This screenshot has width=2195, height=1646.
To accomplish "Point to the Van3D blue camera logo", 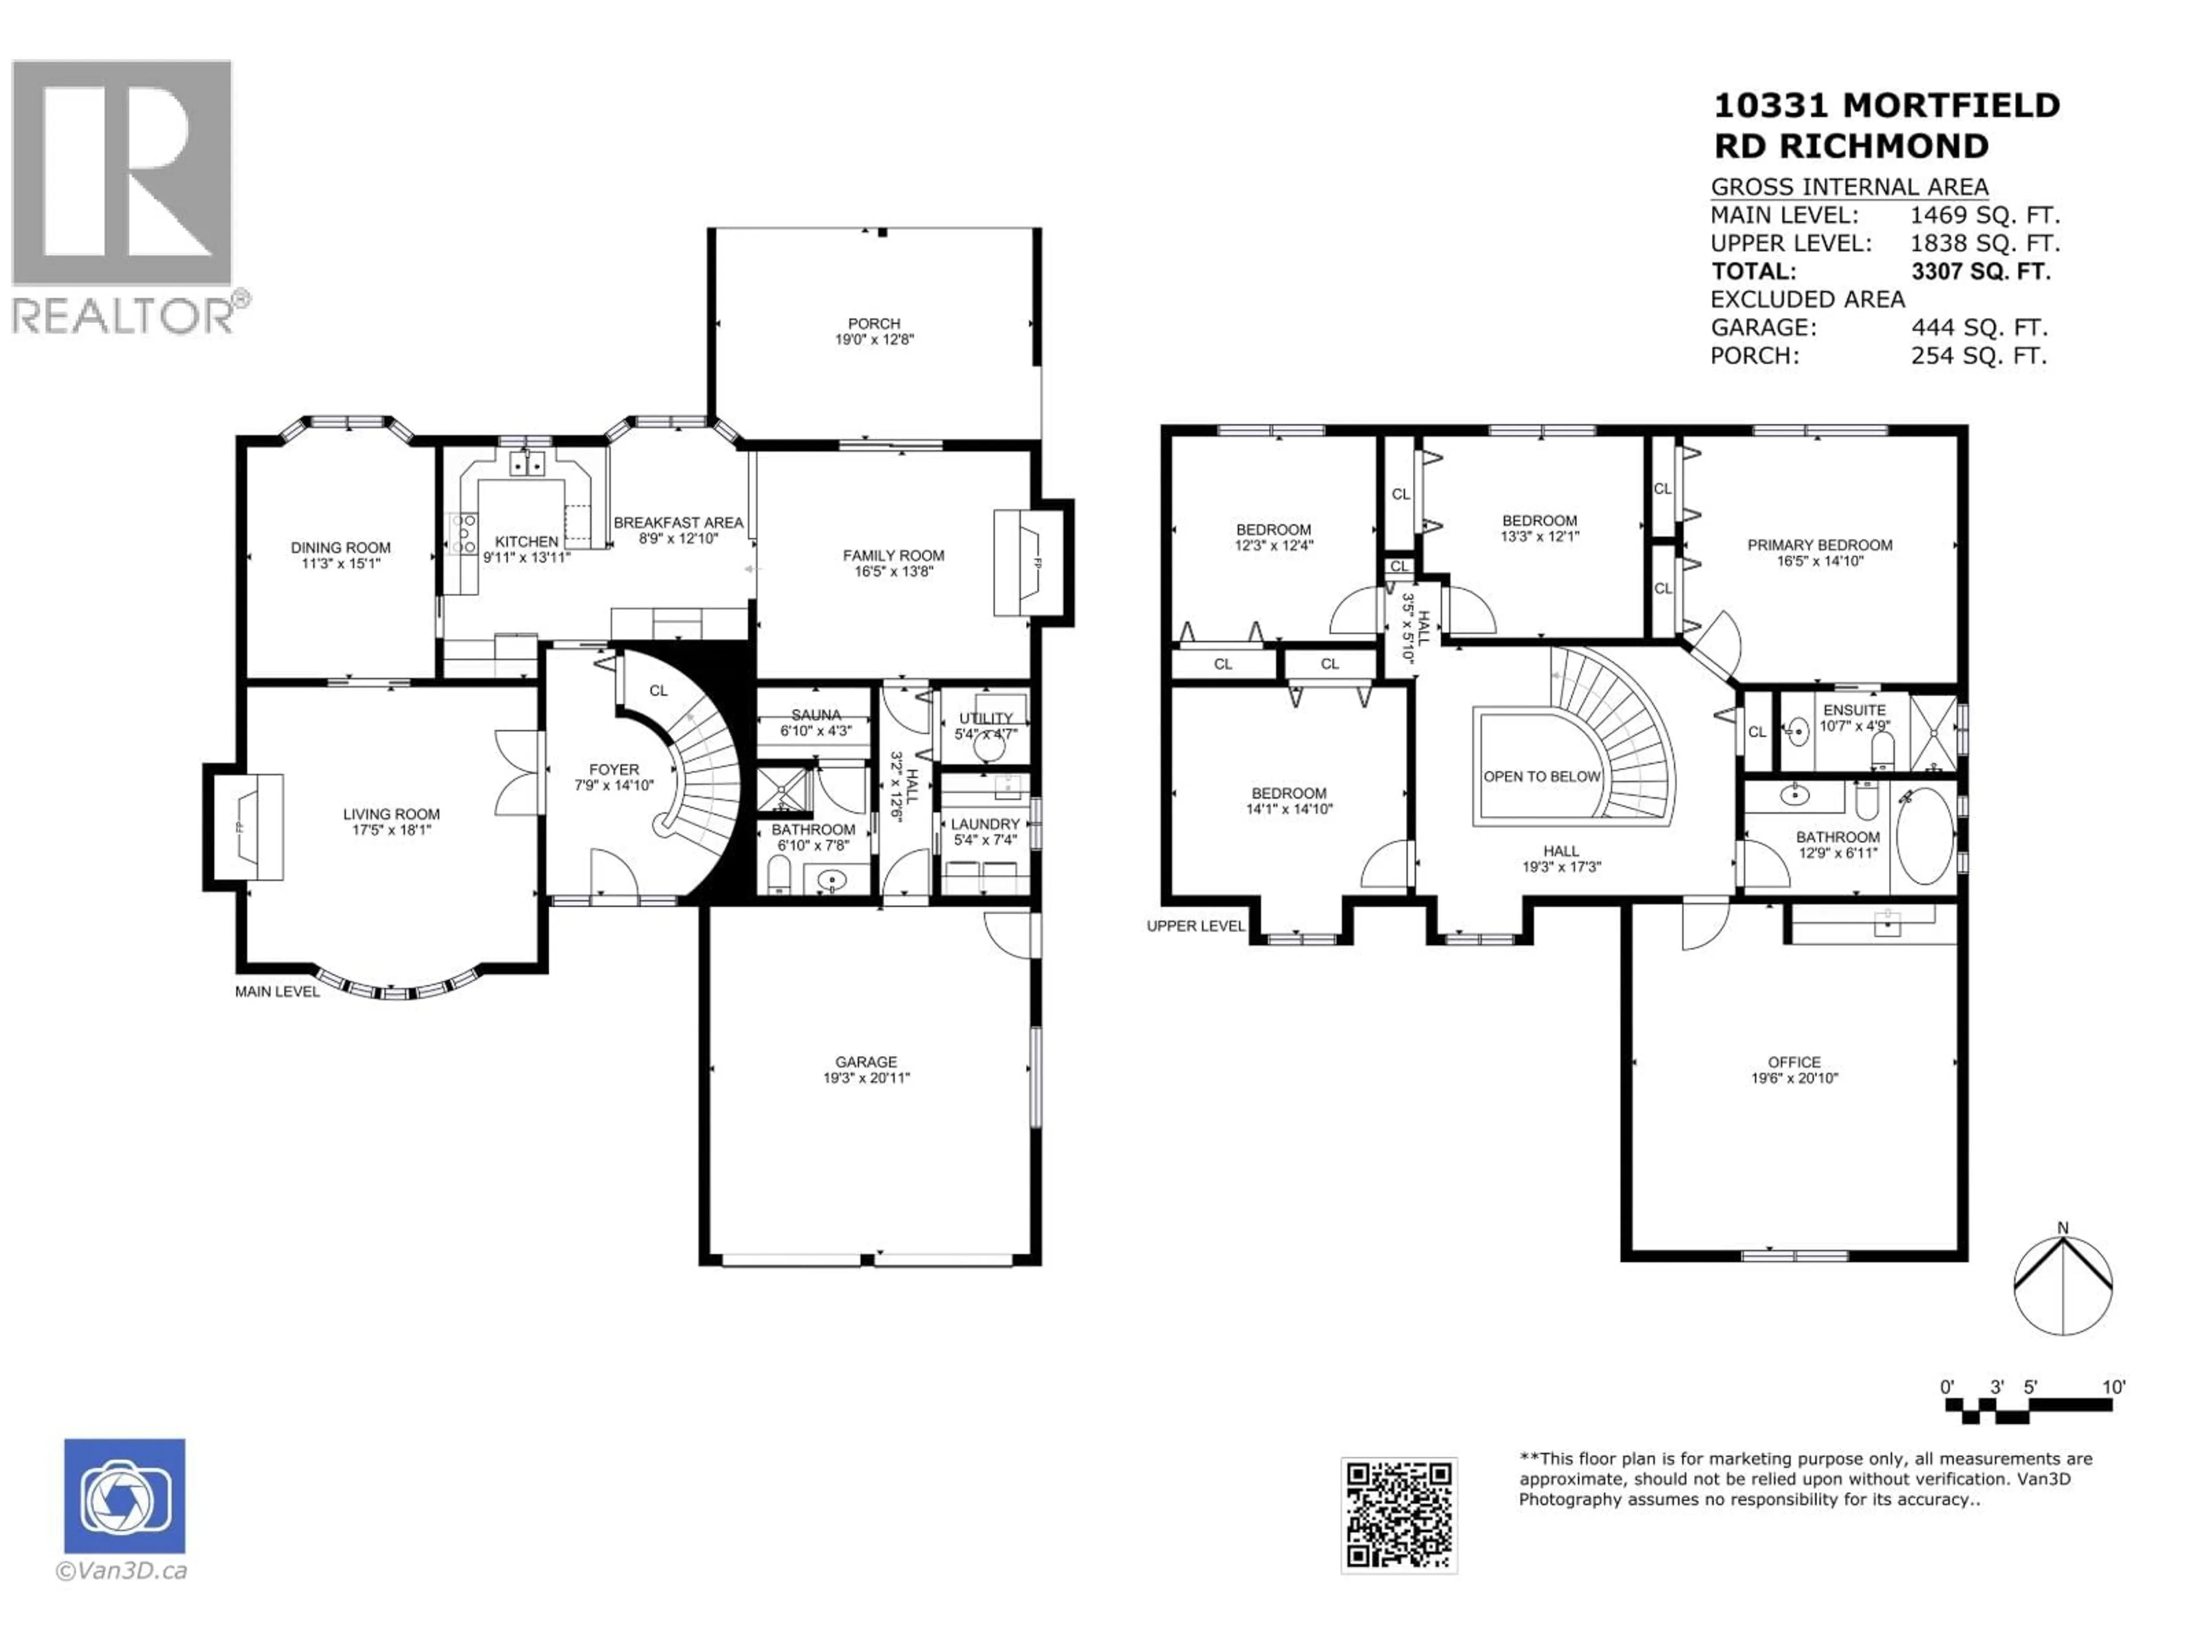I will click(124, 1496).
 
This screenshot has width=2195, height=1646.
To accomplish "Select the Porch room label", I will click(873, 323).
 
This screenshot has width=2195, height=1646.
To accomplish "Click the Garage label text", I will click(865, 1062).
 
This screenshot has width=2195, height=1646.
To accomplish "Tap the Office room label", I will click(1794, 1062).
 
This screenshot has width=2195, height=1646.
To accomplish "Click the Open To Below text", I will click(1542, 777).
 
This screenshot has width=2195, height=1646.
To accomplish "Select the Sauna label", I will click(816, 714).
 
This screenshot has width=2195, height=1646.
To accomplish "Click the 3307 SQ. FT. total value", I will click(1980, 271).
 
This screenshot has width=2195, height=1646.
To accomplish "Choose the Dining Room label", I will click(340, 548).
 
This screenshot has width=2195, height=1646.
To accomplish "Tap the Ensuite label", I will click(1854, 710).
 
